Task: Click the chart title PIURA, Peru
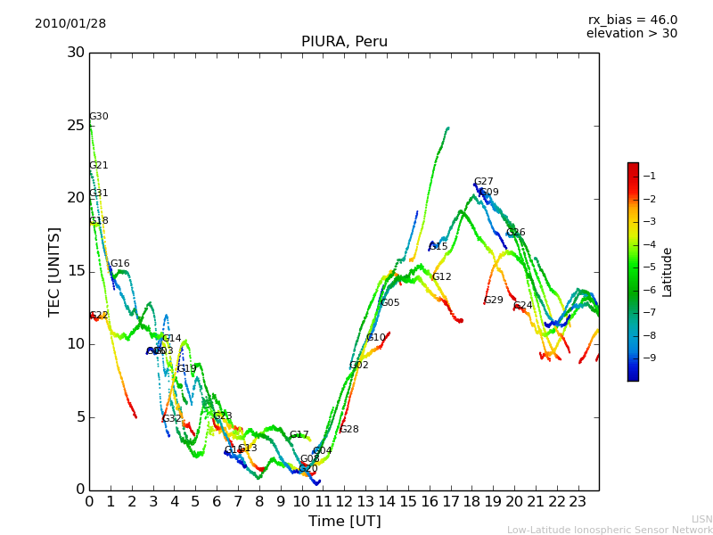coord(344,42)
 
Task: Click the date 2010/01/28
coord(70,24)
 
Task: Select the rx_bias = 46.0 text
coord(632,20)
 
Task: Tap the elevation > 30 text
coord(632,34)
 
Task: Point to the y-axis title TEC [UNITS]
coord(55,271)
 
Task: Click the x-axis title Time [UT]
coord(344,522)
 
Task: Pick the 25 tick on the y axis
coord(76,125)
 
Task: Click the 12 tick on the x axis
coord(344,501)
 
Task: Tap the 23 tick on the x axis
coord(578,501)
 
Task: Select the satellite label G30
coord(99,117)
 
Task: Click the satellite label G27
coord(483,182)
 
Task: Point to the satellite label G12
coord(442,277)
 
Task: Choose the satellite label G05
coord(390,303)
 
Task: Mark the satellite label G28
coord(349,430)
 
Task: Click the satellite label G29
coord(494,300)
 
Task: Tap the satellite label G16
coord(119,264)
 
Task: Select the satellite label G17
coord(299,435)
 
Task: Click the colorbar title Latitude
coord(667,272)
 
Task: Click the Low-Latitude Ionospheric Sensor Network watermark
coord(610,531)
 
